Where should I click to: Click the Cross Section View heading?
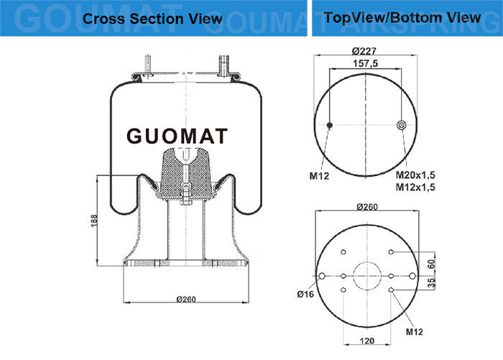[x=152, y=19]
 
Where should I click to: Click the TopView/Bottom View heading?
[x=402, y=18]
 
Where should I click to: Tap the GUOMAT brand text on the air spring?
[x=177, y=136]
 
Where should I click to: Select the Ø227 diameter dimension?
[x=364, y=51]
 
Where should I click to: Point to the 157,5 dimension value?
[x=365, y=63]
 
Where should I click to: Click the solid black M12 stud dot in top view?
[x=329, y=125]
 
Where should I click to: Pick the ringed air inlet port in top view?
[x=401, y=125]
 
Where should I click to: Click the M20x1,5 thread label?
[x=415, y=175]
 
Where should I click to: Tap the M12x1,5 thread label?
[x=415, y=187]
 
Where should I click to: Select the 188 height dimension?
[x=94, y=221]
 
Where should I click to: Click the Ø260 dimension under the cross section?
[x=186, y=299]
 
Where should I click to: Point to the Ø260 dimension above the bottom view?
[x=367, y=207]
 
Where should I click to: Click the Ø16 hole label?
[x=305, y=294]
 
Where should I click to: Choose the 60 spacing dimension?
[x=432, y=264]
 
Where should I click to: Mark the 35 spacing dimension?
[x=432, y=282]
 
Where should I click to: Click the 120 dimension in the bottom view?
[x=367, y=341]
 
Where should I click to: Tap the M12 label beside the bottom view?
[x=414, y=332]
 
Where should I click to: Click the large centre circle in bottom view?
[x=367, y=276]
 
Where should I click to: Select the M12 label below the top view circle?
[x=319, y=176]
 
